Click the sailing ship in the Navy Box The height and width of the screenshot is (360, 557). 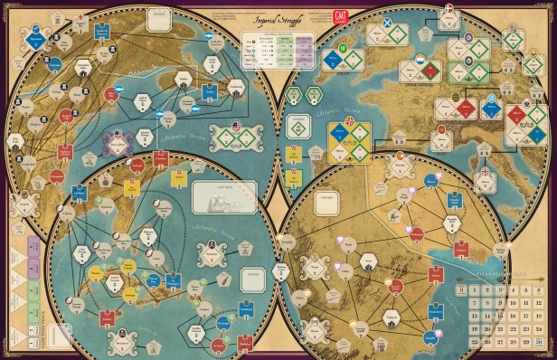(x=224, y=194)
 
